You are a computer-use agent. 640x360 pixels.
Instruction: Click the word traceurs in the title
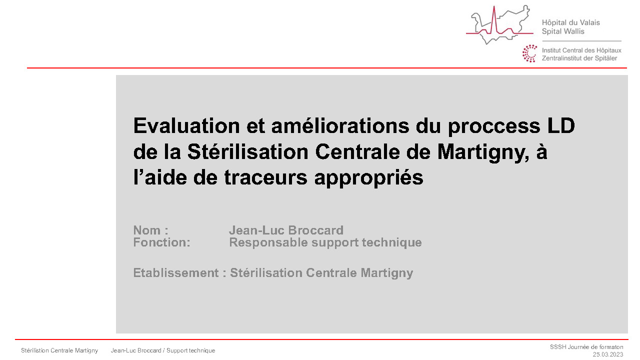tap(267, 178)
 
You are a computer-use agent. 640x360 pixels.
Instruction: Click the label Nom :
tap(150, 230)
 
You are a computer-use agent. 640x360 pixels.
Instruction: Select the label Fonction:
tap(161, 243)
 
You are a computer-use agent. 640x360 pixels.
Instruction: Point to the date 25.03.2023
tap(608, 354)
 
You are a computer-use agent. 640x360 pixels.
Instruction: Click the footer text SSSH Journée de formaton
tap(586, 346)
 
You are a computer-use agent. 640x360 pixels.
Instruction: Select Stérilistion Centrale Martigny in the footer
tap(59, 350)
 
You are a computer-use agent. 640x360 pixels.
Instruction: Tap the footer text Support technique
tap(191, 350)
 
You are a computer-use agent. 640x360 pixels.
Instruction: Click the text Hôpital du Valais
tap(570, 22)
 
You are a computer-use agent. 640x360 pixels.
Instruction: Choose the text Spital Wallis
tap(563, 31)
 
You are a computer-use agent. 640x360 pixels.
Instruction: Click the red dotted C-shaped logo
tap(529, 53)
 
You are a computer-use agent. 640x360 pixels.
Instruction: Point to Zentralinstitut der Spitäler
tap(579, 58)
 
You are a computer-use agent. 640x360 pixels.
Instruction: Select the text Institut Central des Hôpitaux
tap(581, 50)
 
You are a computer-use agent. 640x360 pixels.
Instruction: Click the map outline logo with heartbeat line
tap(497, 25)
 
